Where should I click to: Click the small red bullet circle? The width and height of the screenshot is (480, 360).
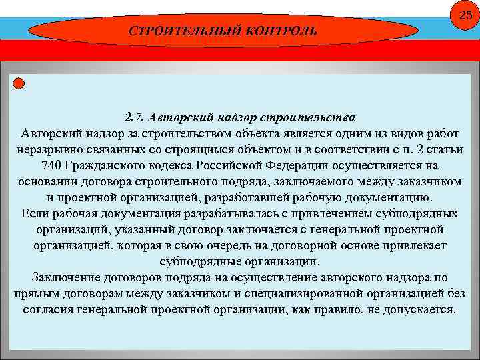(19, 83)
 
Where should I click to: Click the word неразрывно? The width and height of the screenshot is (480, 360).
(45, 149)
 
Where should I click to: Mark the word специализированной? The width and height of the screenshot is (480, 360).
(339, 293)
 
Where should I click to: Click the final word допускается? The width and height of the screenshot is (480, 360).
(417, 310)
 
